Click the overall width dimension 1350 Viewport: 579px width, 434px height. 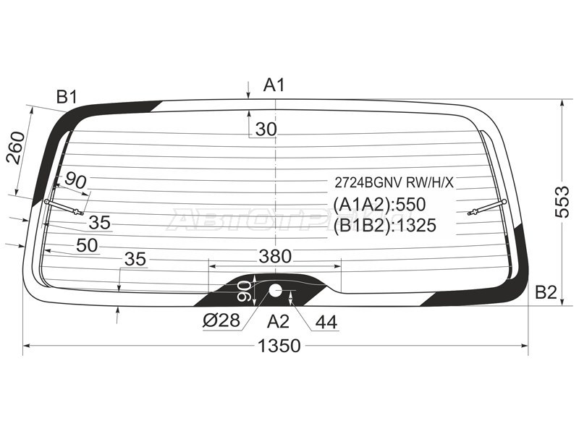pos(279,346)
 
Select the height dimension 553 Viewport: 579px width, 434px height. pos(562,203)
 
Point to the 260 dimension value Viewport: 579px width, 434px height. pos(17,148)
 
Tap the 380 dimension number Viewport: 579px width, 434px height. pos(275,256)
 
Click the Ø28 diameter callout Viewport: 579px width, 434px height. pos(221,320)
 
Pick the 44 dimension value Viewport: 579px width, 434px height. pos(326,322)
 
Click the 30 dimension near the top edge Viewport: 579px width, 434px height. pos(266,129)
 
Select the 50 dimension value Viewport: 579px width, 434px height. pos(87,245)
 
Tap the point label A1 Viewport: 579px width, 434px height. pos(274,85)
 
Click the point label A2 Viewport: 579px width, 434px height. pos(278,321)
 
